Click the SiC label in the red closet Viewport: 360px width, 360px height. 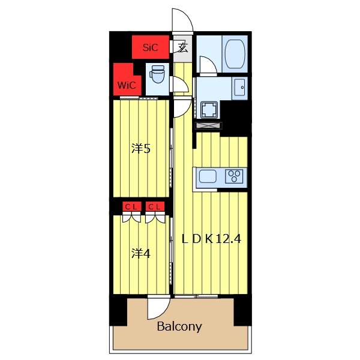pos(151,47)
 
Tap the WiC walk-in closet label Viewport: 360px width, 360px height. pos(127,85)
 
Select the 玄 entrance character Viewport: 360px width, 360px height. pos(183,48)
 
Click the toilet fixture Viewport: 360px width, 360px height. pos(157,74)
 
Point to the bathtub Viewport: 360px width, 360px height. pos(235,54)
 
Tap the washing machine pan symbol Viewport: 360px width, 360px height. pos(209,110)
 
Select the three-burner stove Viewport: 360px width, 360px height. pos(234,176)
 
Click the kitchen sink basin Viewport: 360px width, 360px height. pos(208,176)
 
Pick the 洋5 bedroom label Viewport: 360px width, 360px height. pos(141,149)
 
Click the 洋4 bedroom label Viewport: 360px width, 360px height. pos(141,254)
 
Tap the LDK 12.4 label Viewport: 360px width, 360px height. pos(211,239)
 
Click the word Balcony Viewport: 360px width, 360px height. pos(179,326)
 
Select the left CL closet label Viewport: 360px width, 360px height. pos(131,207)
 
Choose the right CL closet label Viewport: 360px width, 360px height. pos(154,207)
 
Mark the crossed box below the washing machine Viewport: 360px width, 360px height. pos(208,125)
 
